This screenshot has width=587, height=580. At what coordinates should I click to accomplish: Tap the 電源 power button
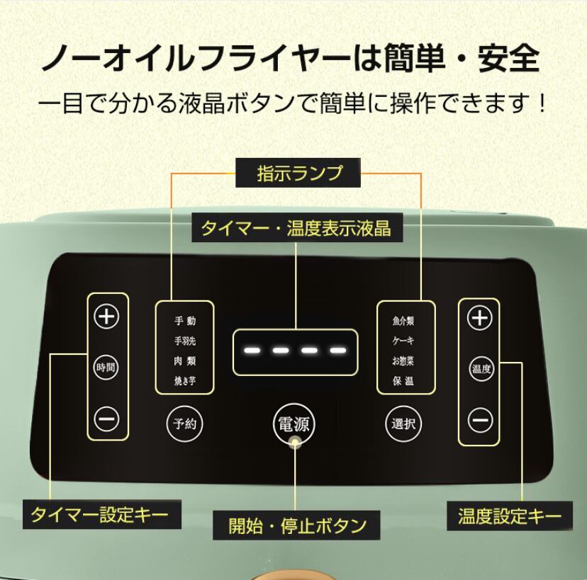(293, 424)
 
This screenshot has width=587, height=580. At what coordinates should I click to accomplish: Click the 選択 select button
(403, 424)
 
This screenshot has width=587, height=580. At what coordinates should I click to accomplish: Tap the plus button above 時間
(106, 317)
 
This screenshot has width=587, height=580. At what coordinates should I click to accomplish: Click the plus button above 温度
(480, 318)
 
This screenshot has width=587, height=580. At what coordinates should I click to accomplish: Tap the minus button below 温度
(480, 421)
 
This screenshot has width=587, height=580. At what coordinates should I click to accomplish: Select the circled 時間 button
(106, 368)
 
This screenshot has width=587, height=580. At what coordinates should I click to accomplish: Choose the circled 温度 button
(480, 369)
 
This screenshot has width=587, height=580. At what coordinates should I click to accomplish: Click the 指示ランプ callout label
(298, 173)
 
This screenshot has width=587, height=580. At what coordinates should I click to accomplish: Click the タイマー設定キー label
(100, 514)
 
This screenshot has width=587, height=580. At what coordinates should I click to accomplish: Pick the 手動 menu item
(185, 321)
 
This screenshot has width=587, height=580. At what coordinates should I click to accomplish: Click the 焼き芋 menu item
(185, 381)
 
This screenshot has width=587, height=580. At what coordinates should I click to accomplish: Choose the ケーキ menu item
(403, 341)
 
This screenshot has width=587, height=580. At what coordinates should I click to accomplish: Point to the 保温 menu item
(403, 381)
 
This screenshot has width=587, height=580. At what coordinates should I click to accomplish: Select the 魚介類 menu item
(403, 321)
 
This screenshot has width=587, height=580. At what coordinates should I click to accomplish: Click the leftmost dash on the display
(250, 351)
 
